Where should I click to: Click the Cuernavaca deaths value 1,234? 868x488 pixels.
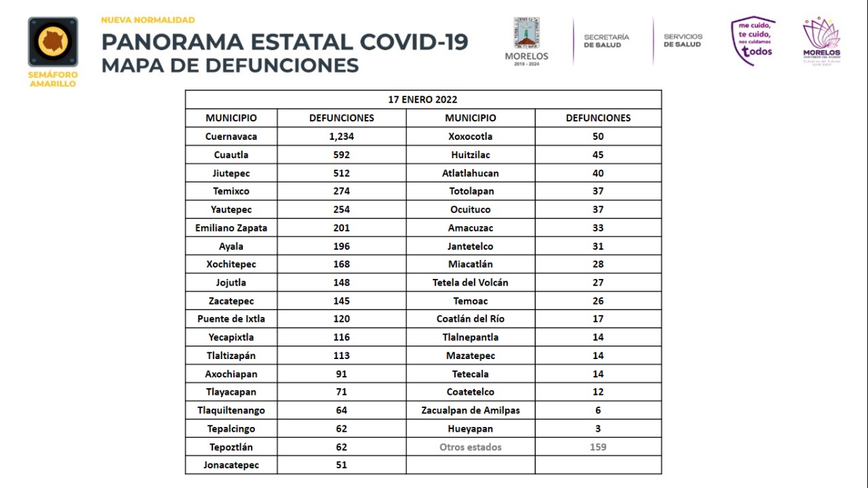click(x=341, y=136)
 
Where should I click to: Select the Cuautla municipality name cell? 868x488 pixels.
click(x=231, y=155)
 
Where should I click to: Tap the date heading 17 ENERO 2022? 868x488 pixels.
click(x=422, y=100)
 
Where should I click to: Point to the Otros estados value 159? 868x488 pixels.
click(x=598, y=447)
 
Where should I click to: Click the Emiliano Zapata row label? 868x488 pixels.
click(x=231, y=227)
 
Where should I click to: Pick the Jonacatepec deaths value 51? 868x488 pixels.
click(x=341, y=465)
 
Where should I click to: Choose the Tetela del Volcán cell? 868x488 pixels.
click(x=471, y=282)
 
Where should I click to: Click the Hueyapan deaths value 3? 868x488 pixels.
click(x=598, y=429)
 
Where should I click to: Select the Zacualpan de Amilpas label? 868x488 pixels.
click(x=471, y=410)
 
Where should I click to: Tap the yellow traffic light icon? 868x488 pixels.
click(x=53, y=41)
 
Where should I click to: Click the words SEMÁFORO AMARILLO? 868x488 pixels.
click(x=53, y=79)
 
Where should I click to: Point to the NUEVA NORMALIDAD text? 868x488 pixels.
click(x=148, y=20)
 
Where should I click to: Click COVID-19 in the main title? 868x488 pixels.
click(x=414, y=42)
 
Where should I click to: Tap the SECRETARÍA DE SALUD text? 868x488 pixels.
click(x=606, y=41)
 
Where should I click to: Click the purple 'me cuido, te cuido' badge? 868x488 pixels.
click(x=753, y=41)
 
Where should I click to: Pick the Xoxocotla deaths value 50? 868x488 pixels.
click(x=598, y=136)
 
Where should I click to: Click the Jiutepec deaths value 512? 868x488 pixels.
click(x=341, y=173)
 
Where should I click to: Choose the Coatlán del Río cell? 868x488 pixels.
click(x=471, y=319)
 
